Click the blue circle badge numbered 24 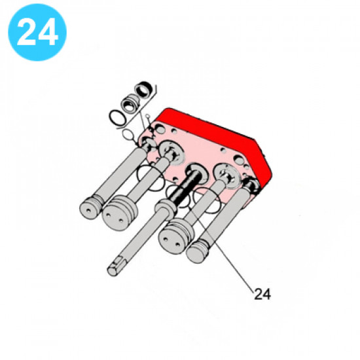click(x=37, y=32)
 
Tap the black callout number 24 click(x=262, y=294)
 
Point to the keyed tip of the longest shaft click(x=114, y=267)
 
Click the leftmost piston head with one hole click(x=90, y=208)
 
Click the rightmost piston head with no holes click(x=197, y=251)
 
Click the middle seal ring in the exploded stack click(x=130, y=103)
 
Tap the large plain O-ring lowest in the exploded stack click(x=118, y=117)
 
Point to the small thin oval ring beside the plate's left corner click(x=128, y=135)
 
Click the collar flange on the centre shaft click(x=165, y=207)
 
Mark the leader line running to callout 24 click(x=221, y=249)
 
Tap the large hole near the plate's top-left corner click(x=160, y=130)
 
